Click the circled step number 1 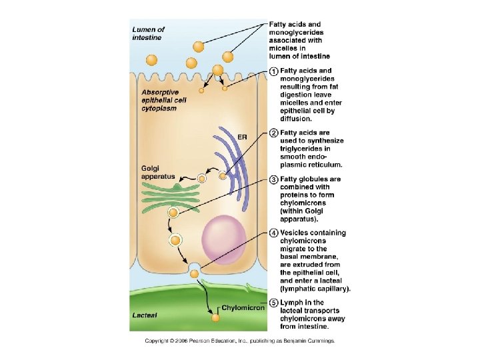point(273,71)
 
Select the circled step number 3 point(273,179)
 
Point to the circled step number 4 point(273,233)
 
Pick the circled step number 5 point(273,303)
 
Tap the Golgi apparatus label point(157,172)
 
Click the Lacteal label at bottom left point(145,315)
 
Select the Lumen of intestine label point(148,33)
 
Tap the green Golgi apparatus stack point(169,194)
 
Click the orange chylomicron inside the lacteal point(215,318)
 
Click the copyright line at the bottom point(240,341)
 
